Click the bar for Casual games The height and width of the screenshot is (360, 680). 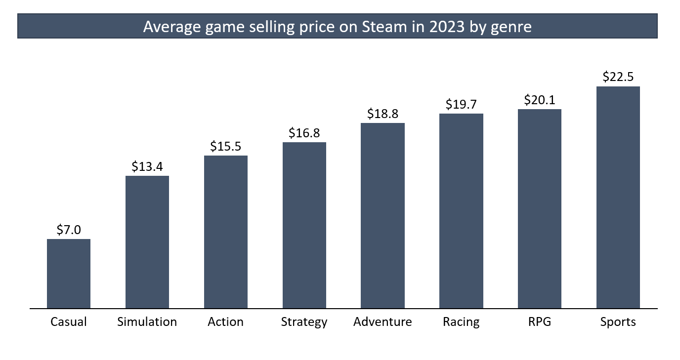click(69, 274)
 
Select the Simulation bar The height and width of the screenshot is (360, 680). click(147, 242)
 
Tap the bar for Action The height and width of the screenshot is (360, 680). click(226, 232)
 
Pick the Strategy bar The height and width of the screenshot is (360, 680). click(304, 225)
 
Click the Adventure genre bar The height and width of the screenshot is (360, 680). click(382, 216)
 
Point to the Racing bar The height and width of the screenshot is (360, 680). click(461, 211)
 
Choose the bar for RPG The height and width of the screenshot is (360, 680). click(540, 209)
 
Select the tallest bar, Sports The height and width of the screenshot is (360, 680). click(618, 198)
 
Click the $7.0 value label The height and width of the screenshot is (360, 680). click(69, 230)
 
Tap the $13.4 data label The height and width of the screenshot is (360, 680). click(147, 166)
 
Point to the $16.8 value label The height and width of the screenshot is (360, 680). click(304, 133)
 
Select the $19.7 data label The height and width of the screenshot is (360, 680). click(461, 104)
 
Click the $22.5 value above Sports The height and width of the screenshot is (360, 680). click(618, 77)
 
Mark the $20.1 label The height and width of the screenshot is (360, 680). click(540, 100)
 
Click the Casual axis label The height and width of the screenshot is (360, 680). click(69, 322)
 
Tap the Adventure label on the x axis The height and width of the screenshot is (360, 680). click(382, 322)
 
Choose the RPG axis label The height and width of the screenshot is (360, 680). click(540, 322)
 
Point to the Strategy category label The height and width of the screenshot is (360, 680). click(304, 322)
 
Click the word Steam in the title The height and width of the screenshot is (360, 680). click(382, 26)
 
